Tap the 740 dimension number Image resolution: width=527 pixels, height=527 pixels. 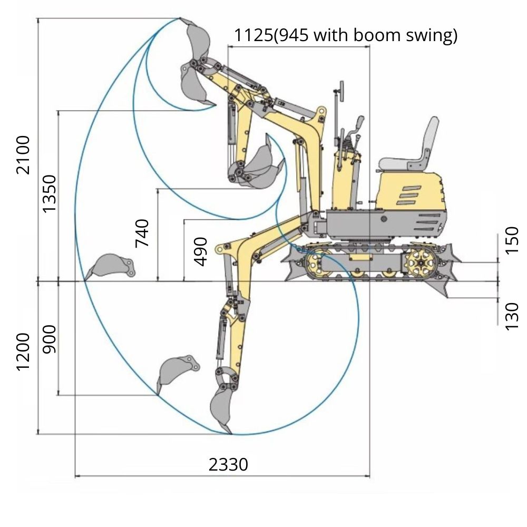click(142, 232)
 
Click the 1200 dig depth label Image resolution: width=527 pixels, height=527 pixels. click(23, 352)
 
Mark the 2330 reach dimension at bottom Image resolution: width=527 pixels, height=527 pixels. click(228, 465)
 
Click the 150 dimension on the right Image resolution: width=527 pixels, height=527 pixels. click(512, 240)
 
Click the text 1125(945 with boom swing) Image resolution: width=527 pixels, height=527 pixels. click(346, 35)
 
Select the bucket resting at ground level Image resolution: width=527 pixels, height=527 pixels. click(111, 266)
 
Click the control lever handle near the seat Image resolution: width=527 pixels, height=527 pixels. click(360, 122)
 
